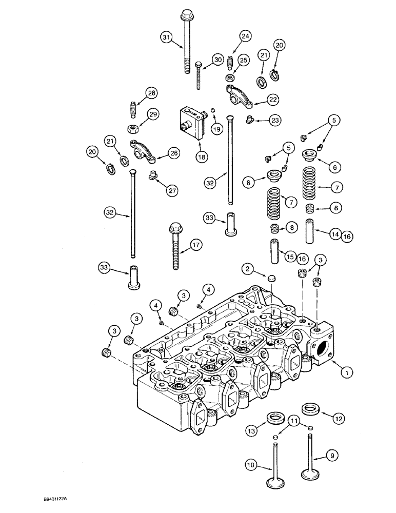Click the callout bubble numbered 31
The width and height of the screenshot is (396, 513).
(x=166, y=37)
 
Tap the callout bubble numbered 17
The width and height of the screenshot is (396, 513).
(x=197, y=245)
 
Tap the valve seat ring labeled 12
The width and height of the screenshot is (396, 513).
(x=309, y=409)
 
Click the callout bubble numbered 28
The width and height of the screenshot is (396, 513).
(x=136, y=93)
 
